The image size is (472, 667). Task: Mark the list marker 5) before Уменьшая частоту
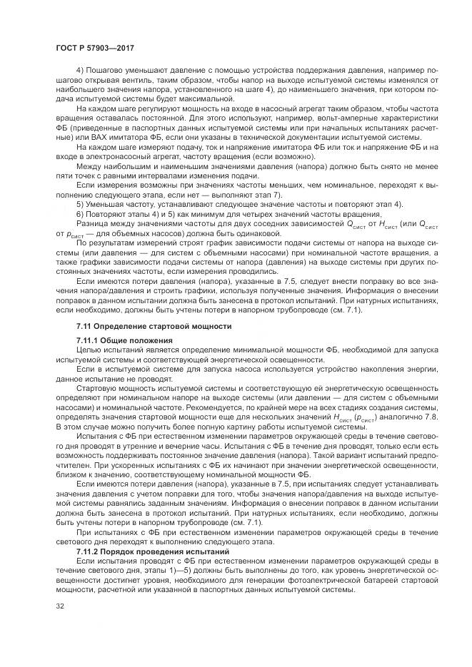point(79,203)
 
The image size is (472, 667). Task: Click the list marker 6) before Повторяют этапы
point(79,212)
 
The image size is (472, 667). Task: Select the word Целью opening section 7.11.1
point(89,351)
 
